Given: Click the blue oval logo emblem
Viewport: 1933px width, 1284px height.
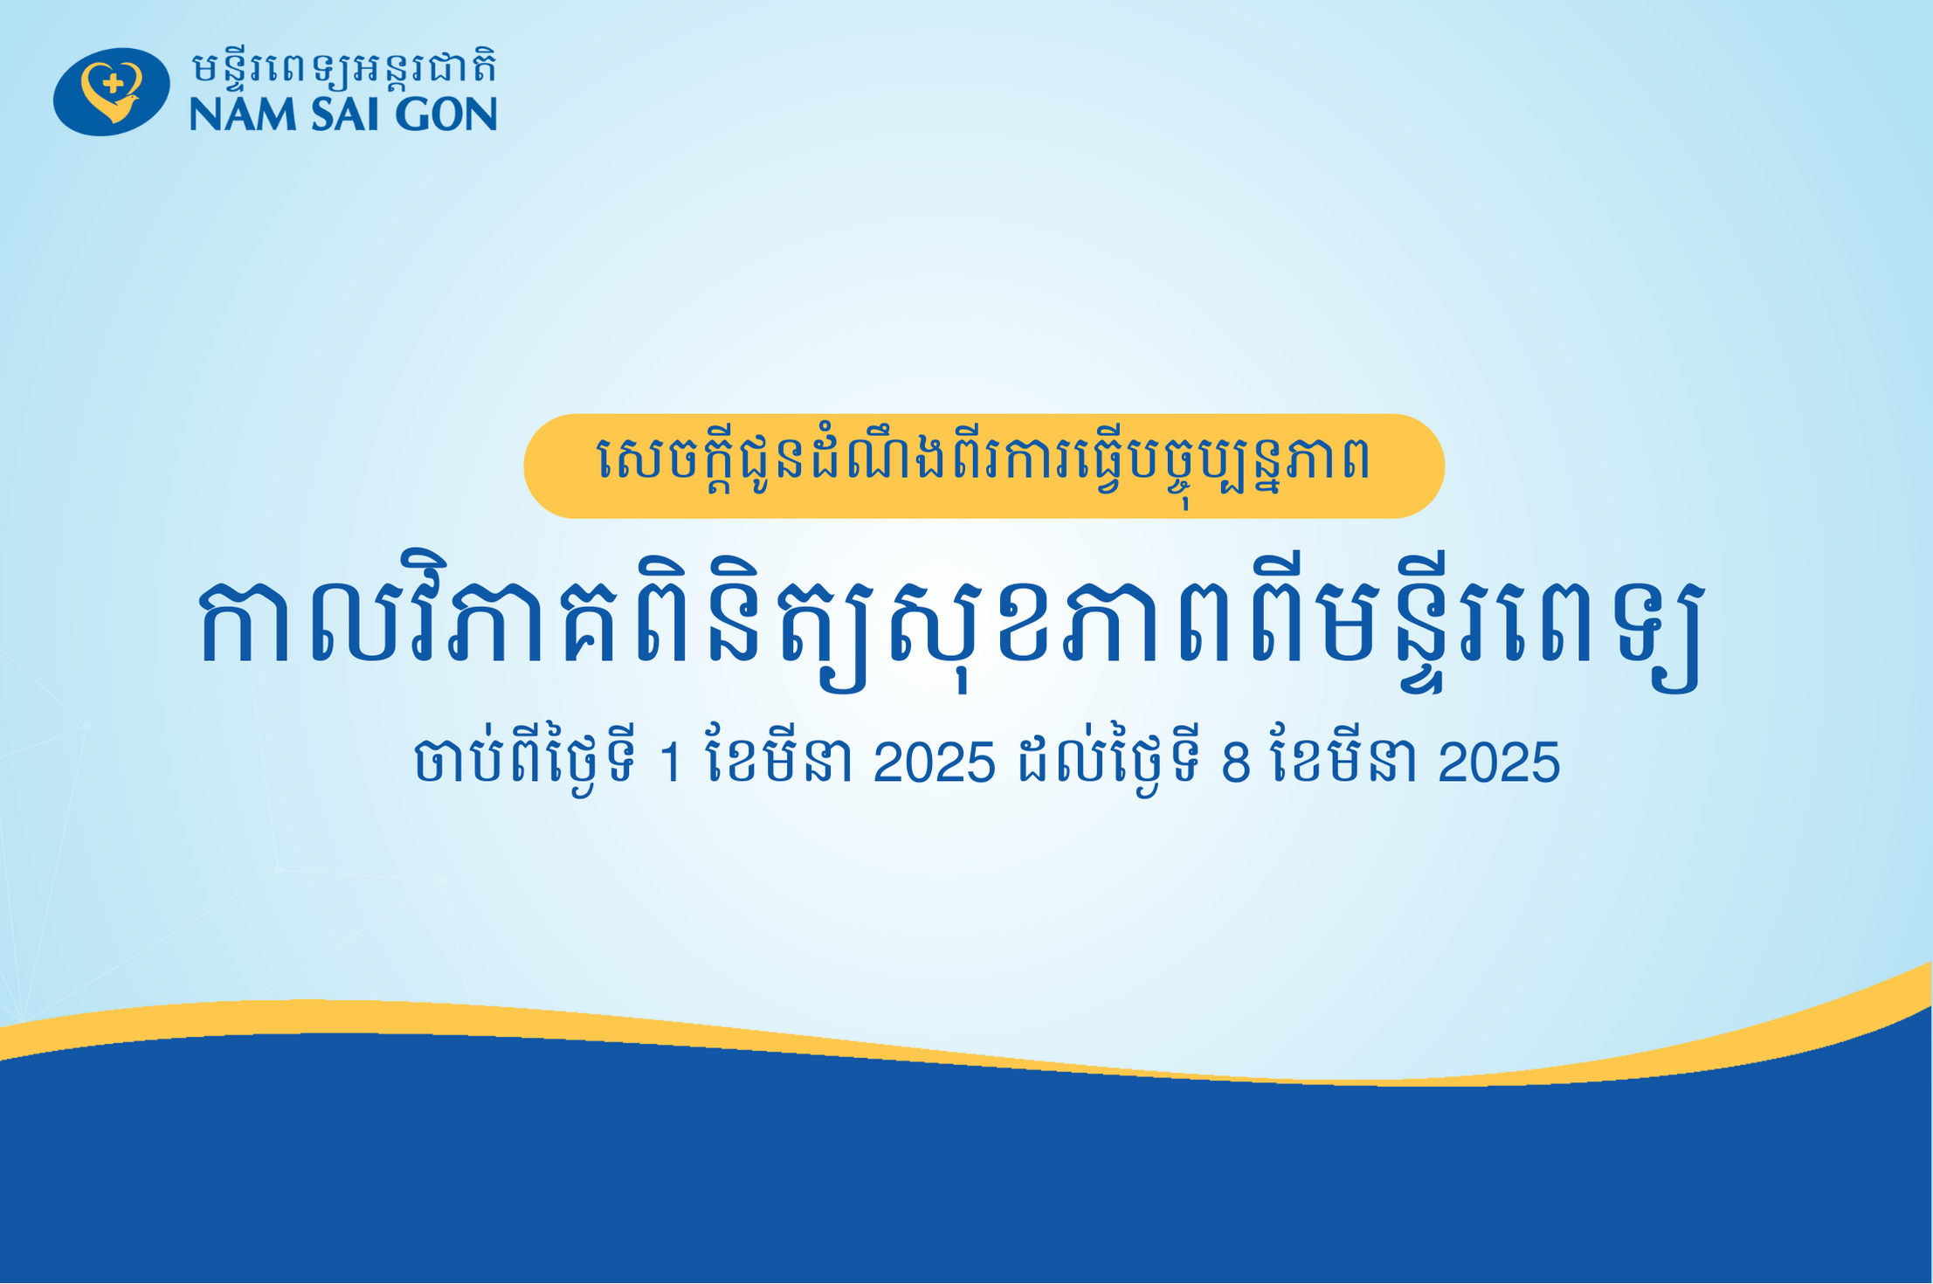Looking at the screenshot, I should pyautogui.click(x=111, y=91).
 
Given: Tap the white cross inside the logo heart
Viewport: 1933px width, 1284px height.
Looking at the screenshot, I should pyautogui.click(x=113, y=84).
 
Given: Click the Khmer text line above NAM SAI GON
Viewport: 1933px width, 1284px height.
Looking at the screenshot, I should pyautogui.click(x=344, y=67).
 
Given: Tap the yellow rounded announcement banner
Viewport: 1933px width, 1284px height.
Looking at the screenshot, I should pyautogui.click(x=984, y=466).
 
